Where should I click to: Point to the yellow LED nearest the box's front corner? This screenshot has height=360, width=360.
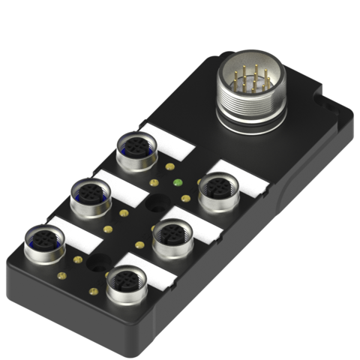(93, 290)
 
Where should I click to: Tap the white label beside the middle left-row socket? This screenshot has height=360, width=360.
(120, 184)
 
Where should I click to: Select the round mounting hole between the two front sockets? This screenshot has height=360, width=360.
(97, 264)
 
